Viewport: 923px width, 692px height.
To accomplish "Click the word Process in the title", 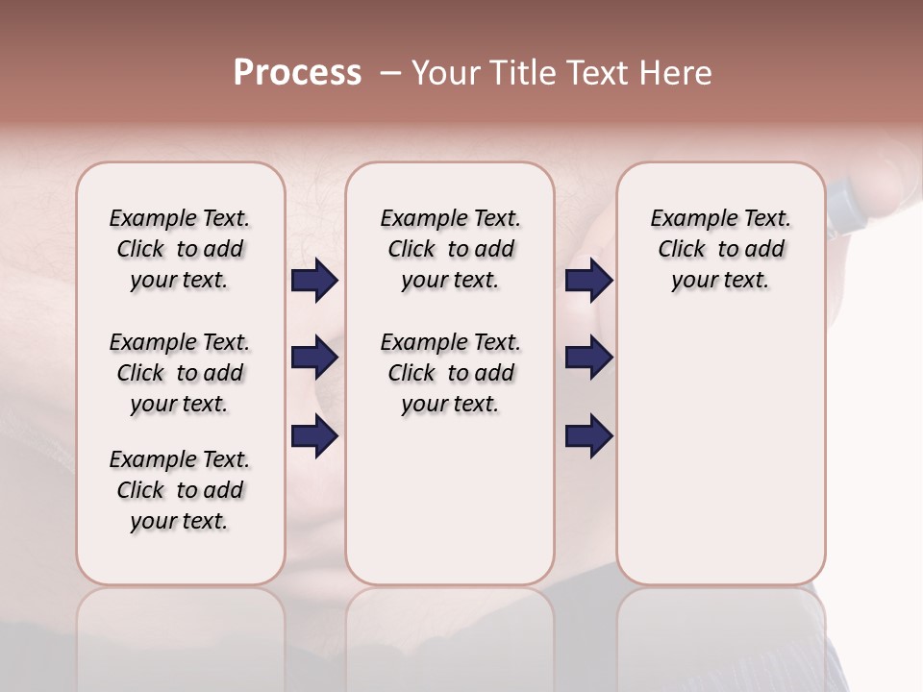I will [297, 73].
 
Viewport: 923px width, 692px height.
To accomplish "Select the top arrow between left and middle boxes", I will [314, 281].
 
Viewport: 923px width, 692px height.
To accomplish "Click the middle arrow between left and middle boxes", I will [314, 358].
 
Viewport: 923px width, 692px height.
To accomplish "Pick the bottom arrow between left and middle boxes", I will [314, 436].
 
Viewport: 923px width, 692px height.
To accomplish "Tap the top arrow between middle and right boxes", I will [588, 281].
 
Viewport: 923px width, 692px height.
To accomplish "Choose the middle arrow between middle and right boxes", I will [588, 358].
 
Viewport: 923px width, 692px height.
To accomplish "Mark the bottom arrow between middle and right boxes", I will [588, 436].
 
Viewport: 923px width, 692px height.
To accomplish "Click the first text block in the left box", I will [180, 249].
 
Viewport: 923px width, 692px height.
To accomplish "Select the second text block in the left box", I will [180, 373].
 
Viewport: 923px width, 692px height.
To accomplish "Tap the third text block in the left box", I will [180, 490].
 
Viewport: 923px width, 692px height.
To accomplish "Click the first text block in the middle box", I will [450, 249].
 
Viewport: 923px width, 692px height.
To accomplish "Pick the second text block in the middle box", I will [450, 373].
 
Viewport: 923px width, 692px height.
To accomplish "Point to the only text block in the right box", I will [721, 249].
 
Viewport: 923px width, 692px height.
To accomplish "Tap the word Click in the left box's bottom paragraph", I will [140, 490].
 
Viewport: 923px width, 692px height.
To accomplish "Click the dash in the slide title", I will [388, 73].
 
